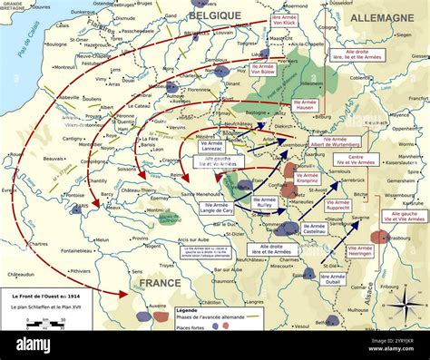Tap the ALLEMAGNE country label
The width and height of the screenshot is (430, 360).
[x=383, y=17]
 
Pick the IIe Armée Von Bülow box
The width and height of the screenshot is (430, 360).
[x=263, y=70]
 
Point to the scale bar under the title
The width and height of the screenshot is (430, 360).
[x=33, y=346]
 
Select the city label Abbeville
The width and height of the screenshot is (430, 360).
[x=69, y=96]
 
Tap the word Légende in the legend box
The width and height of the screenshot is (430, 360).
[x=188, y=309]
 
